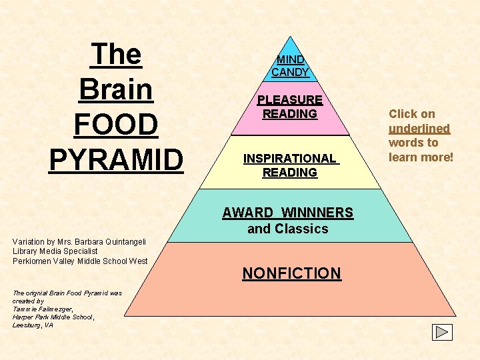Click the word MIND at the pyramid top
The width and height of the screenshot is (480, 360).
click(290, 59)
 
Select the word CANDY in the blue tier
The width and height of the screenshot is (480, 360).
click(290, 72)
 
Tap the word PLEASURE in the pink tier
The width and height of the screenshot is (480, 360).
click(290, 100)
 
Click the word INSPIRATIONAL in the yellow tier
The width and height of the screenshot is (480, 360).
click(289, 159)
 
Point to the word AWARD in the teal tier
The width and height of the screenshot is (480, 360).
click(248, 213)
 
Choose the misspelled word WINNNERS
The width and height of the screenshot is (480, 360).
click(317, 213)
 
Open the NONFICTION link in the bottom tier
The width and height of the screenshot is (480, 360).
click(291, 273)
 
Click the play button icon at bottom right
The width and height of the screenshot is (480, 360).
click(442, 332)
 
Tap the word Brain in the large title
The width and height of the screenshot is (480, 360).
click(116, 89)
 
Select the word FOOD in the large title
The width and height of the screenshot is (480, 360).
click(116, 125)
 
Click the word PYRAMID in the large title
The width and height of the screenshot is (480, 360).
click(116, 160)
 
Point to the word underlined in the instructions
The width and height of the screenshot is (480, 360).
click(419, 128)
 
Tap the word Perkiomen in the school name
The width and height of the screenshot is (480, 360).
click(33, 261)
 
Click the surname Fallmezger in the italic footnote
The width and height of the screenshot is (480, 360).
click(46, 309)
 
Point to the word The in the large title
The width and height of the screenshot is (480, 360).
click(116, 54)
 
